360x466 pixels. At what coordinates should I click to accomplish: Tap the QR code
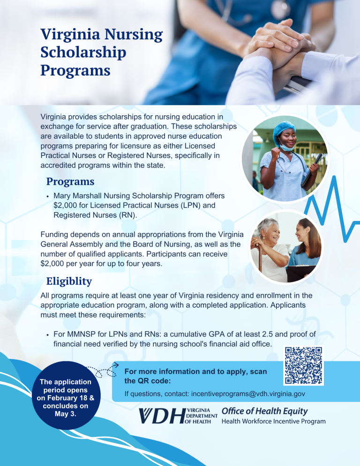pos(304,366)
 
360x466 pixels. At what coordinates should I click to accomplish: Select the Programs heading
pos(70,181)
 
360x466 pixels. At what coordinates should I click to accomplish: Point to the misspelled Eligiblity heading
pos(69,281)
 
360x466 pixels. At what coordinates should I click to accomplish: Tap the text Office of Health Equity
pos(264,411)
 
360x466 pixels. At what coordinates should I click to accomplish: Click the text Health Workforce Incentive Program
pos(273,421)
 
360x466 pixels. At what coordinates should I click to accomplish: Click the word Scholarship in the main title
pos(83,52)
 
